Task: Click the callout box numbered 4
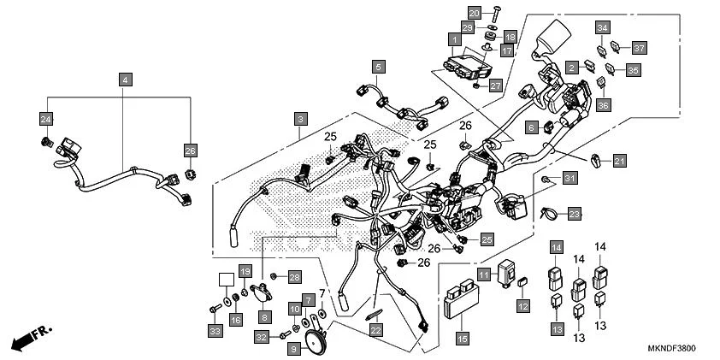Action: point(126,80)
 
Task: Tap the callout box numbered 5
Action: point(378,66)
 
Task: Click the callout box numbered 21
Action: point(620,160)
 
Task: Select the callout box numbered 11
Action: point(483,274)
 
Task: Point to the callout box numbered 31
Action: point(570,177)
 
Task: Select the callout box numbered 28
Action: point(294,276)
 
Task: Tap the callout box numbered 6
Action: point(531,128)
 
